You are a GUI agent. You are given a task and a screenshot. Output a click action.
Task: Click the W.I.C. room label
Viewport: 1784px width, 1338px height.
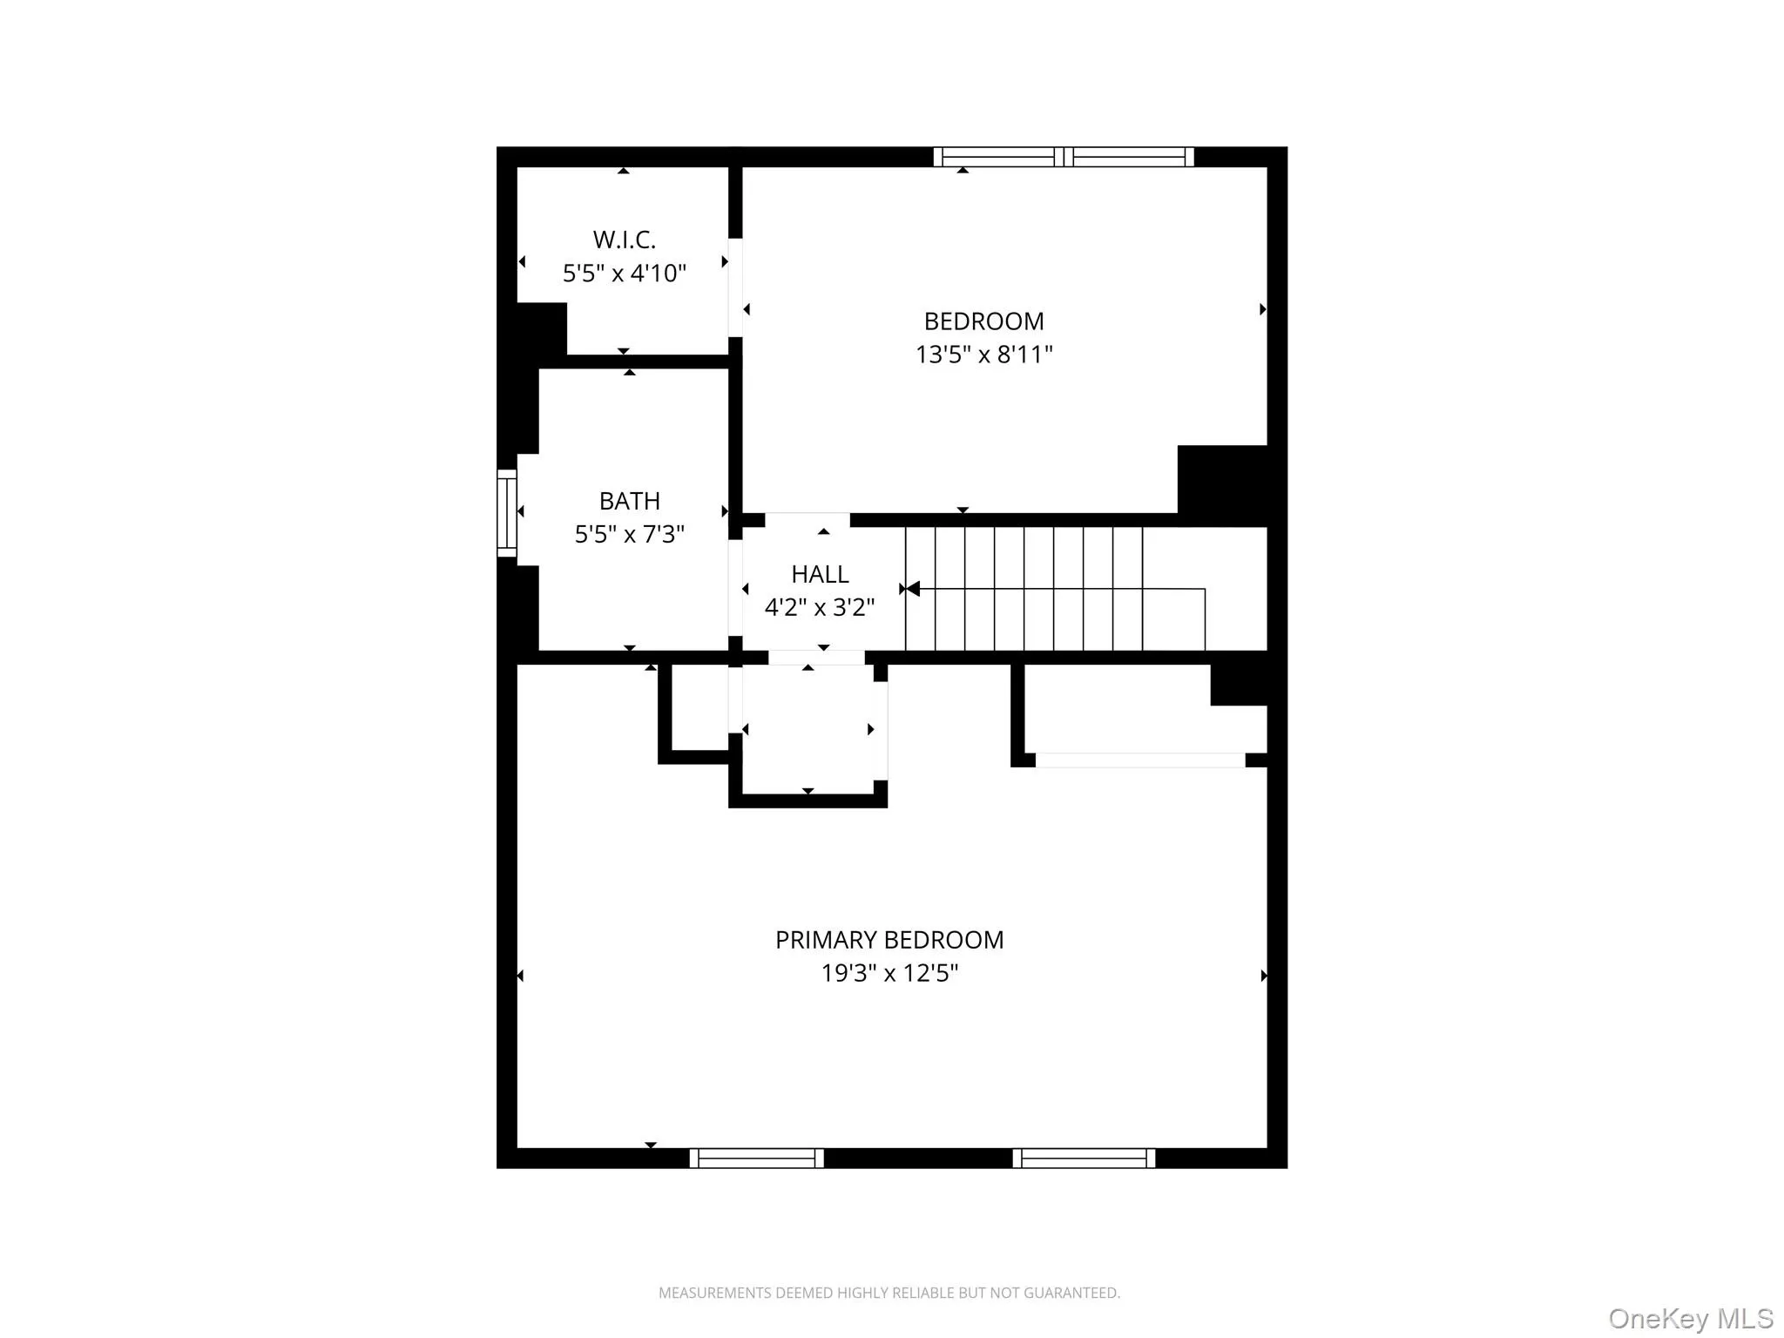pos(624,240)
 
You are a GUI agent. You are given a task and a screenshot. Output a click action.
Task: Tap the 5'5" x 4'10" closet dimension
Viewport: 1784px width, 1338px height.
pos(624,274)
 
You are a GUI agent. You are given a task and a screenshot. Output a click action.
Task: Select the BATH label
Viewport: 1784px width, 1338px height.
pos(629,501)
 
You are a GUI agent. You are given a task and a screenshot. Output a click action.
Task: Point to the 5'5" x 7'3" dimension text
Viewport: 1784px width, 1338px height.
pos(629,534)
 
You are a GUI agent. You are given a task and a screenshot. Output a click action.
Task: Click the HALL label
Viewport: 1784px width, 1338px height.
pos(820,574)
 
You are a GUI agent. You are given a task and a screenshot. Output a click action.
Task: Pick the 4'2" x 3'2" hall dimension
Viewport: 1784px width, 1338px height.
pos(820,607)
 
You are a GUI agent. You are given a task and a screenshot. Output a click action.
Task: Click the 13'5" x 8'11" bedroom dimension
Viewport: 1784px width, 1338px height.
pos(983,355)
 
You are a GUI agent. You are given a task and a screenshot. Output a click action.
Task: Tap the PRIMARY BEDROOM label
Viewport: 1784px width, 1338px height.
pos(889,940)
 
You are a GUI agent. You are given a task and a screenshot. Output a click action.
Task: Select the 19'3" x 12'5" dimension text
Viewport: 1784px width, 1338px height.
pos(889,973)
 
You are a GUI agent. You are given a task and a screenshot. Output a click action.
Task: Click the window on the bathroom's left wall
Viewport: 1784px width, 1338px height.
pos(506,512)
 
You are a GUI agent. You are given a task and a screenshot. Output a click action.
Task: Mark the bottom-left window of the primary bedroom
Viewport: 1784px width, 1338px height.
pos(756,1158)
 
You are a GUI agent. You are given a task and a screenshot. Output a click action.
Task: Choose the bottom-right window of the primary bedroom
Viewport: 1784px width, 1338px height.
pos(1084,1158)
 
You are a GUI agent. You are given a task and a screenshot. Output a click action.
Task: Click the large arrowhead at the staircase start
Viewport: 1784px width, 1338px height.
pos(912,590)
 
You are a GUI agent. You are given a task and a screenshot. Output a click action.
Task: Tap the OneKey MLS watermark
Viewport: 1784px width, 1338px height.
pos(1691,1318)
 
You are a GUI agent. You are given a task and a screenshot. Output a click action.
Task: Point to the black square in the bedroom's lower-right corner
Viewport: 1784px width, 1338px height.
pos(1221,484)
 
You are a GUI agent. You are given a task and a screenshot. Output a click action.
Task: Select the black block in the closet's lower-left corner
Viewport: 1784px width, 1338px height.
pos(541,328)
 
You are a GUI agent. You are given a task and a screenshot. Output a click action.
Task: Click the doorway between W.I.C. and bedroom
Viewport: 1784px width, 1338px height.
pos(735,287)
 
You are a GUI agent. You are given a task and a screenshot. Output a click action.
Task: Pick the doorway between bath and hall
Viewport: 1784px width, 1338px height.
pos(735,588)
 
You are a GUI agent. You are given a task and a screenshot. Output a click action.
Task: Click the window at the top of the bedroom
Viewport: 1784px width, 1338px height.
pos(1064,157)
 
